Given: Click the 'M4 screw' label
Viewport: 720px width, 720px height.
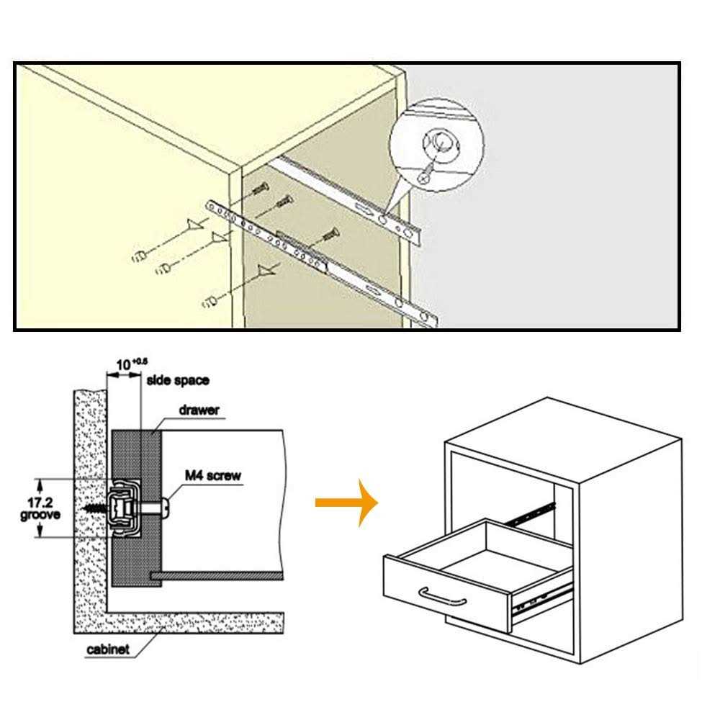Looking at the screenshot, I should [212, 475].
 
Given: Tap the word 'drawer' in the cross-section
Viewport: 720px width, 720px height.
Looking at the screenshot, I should [199, 410].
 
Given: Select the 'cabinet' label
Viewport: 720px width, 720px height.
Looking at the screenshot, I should [108, 649].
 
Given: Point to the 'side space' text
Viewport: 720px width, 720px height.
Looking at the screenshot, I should [178, 380].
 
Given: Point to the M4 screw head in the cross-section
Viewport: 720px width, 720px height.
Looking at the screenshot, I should [166, 507].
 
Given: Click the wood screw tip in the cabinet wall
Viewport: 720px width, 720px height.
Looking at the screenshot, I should [89, 507].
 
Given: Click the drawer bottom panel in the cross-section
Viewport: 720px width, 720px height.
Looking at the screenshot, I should [216, 576].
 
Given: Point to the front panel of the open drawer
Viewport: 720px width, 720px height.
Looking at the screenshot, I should [446, 594].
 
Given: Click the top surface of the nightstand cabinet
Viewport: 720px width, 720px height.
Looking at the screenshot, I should [562, 439].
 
